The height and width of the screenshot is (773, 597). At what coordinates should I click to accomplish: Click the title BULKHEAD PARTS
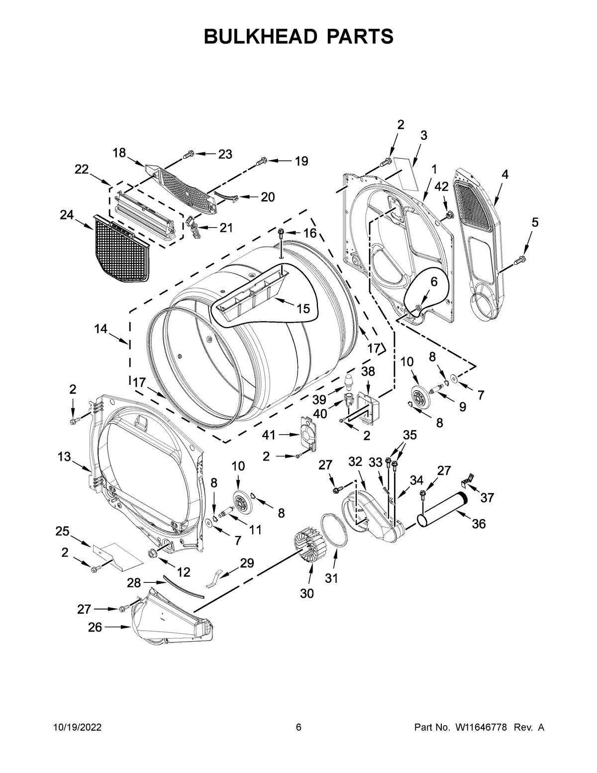click(298, 36)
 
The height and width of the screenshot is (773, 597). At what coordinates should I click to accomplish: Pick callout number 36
click(479, 523)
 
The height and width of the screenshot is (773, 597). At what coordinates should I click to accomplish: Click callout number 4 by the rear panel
click(505, 174)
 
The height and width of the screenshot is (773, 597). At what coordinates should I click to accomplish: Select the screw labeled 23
click(189, 155)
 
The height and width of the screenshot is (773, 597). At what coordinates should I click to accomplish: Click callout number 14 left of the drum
click(101, 329)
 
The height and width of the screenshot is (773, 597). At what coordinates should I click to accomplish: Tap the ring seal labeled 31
click(334, 538)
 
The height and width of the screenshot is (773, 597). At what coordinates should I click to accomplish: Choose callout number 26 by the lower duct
click(95, 628)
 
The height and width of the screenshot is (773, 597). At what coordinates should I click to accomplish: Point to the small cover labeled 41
click(308, 434)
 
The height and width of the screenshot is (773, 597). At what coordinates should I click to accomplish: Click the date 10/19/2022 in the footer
click(77, 728)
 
